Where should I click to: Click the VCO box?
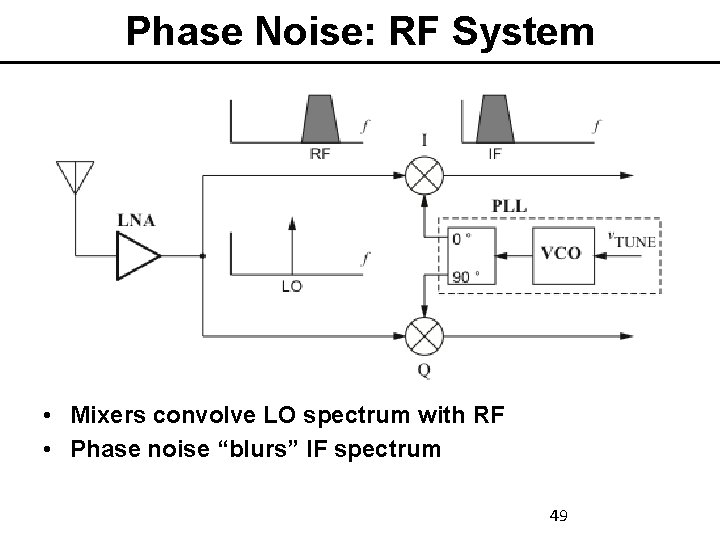coord(560,253)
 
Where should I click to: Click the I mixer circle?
coord(425,177)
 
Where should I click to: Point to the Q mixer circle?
coord(425,335)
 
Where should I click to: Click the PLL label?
coord(509,206)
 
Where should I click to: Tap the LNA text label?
coord(135,220)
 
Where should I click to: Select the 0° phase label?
coord(461,239)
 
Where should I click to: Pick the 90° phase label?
coord(464,276)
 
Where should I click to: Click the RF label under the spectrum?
coord(320,153)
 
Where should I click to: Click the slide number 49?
coord(559,516)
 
